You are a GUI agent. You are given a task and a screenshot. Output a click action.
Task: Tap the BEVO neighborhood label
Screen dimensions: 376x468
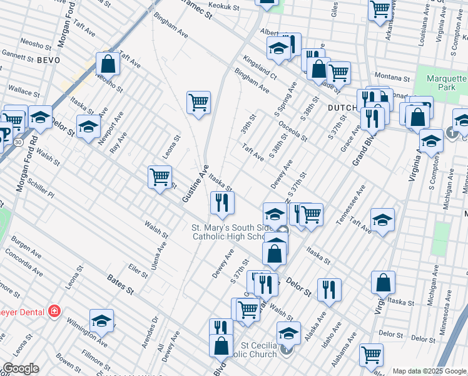(x=48, y=60)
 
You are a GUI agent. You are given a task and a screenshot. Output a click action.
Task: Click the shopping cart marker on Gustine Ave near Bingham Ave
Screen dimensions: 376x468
(x=198, y=102)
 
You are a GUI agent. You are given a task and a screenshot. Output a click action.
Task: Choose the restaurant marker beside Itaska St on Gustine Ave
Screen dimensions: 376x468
(x=221, y=202)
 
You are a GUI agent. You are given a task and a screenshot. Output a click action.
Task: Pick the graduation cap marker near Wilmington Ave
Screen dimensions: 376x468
(x=101, y=320)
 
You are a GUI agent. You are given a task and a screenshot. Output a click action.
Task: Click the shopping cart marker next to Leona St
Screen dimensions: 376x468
(x=160, y=177)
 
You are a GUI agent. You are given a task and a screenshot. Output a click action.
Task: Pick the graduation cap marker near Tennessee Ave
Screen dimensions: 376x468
(x=382, y=219)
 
